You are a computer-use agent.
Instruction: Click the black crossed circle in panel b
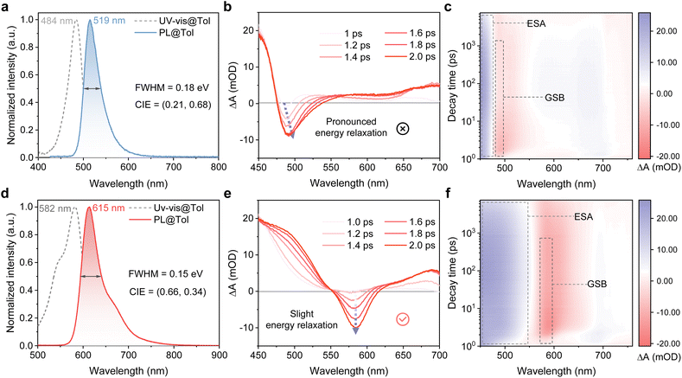pyautogui.click(x=402, y=129)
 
